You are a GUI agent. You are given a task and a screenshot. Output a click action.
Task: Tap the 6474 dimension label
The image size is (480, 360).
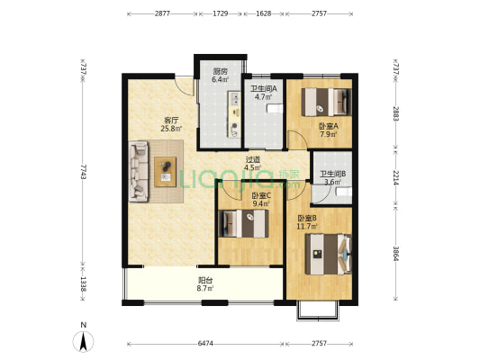click(x=205, y=344)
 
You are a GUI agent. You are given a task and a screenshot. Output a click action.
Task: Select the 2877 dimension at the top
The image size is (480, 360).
click(x=162, y=13)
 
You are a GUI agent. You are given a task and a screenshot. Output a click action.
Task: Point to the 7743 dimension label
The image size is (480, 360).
click(x=83, y=172)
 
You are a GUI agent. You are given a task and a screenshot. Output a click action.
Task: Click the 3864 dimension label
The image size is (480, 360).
click(x=395, y=253)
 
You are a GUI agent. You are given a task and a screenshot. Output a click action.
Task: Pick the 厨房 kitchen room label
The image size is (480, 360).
click(x=220, y=72)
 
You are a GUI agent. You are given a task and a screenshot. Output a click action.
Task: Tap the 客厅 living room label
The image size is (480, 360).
click(x=171, y=120)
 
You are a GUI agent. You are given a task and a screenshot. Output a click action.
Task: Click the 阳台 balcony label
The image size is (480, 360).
click(x=205, y=280)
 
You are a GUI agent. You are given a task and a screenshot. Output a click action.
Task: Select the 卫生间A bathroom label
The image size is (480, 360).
click(x=264, y=89)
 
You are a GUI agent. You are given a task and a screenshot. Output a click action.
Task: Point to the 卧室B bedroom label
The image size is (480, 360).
click(x=307, y=218)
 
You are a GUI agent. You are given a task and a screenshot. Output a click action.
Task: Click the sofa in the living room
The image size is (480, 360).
click(x=139, y=171)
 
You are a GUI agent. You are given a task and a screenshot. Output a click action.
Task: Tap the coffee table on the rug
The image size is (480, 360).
click(x=166, y=172)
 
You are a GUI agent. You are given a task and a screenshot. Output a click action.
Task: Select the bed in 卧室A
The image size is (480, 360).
click(x=326, y=102)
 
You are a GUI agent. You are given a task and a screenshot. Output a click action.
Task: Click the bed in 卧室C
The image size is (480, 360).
click(x=243, y=223)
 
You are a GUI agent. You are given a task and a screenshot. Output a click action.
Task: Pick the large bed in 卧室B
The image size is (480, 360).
click(x=328, y=254)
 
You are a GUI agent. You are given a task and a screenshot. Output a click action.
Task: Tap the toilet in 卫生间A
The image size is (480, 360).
click(x=276, y=108)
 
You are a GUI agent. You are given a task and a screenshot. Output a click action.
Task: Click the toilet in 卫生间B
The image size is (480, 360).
click(x=344, y=192)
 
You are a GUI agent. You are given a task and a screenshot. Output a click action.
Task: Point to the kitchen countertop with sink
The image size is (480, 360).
click(x=235, y=114)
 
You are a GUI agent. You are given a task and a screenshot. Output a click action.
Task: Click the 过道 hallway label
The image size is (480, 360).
click(x=253, y=159)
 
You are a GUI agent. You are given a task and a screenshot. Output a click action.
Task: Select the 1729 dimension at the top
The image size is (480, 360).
click(x=221, y=13)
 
